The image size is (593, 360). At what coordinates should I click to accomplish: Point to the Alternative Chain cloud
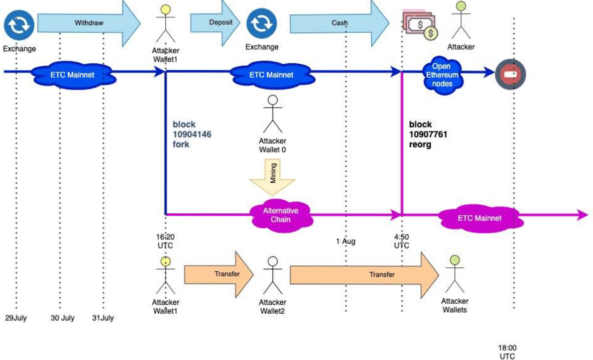pyautogui.click(x=281, y=215)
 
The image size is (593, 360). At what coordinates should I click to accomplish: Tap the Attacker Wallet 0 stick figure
pyautogui.click(x=272, y=114)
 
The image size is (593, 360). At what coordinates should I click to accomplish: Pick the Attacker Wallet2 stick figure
pyautogui.click(x=272, y=276)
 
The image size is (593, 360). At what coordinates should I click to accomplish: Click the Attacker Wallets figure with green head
pyautogui.click(x=454, y=274)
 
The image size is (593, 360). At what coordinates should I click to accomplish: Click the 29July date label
pyautogui.click(x=16, y=318)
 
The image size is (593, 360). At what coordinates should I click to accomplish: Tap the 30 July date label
pyautogui.click(x=63, y=318)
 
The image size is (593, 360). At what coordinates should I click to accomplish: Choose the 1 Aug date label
pyautogui.click(x=346, y=241)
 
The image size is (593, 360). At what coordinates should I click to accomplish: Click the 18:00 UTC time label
pyautogui.click(x=507, y=352)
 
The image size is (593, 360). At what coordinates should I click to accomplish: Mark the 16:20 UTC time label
pyautogui.click(x=165, y=241)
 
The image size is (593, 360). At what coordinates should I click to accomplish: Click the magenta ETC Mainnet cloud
pyautogui.click(x=479, y=218)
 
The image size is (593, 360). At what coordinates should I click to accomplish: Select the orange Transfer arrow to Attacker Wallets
pyautogui.click(x=363, y=274)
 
